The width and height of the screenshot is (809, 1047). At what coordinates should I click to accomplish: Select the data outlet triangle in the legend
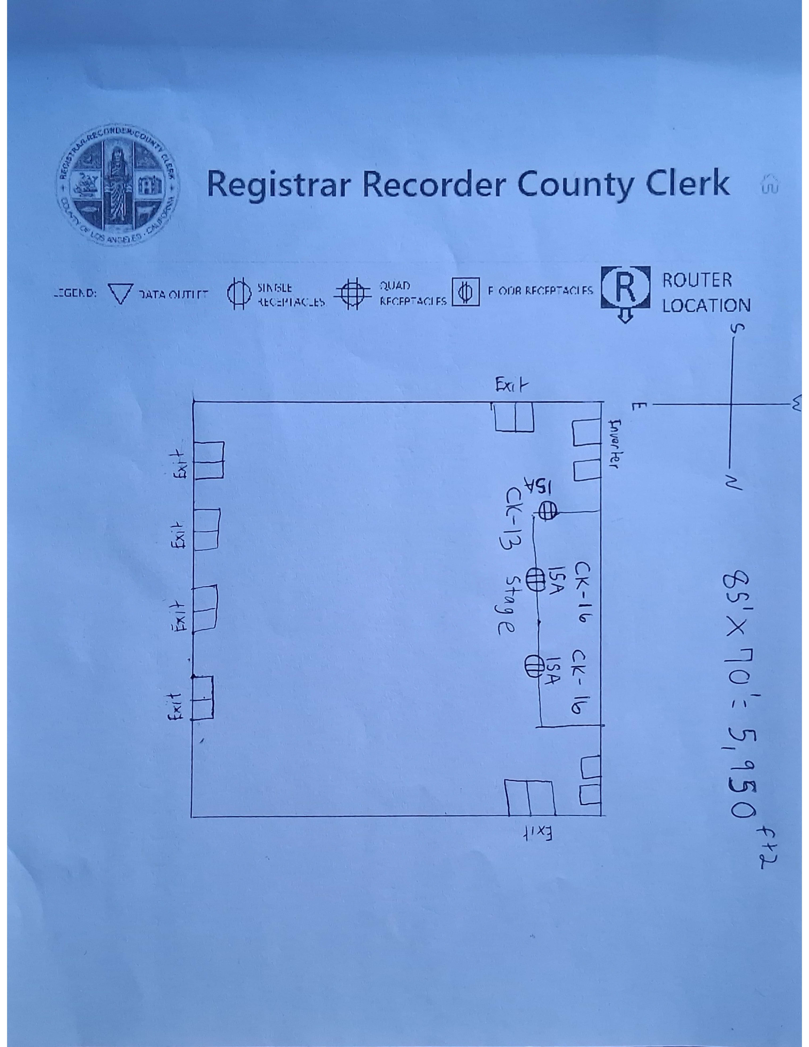pos(120,293)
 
